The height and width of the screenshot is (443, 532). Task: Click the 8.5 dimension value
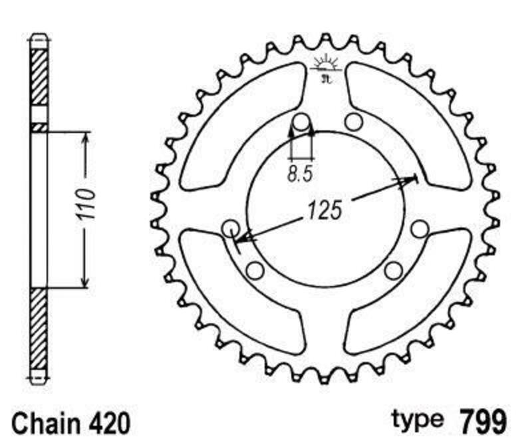pos(300,175)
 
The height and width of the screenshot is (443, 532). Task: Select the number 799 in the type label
pos(483,421)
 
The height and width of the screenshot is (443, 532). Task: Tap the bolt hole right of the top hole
pos(352,122)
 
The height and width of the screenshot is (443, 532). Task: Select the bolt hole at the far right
pos(419,229)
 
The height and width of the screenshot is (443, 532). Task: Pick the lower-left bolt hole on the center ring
pos(254,269)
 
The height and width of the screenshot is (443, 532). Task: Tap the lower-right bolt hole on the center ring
pos(394,269)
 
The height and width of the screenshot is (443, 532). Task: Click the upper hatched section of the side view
pos(40,76)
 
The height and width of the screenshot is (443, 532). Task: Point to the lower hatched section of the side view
pos(40,329)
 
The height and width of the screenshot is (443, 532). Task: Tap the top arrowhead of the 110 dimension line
pos(84,137)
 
